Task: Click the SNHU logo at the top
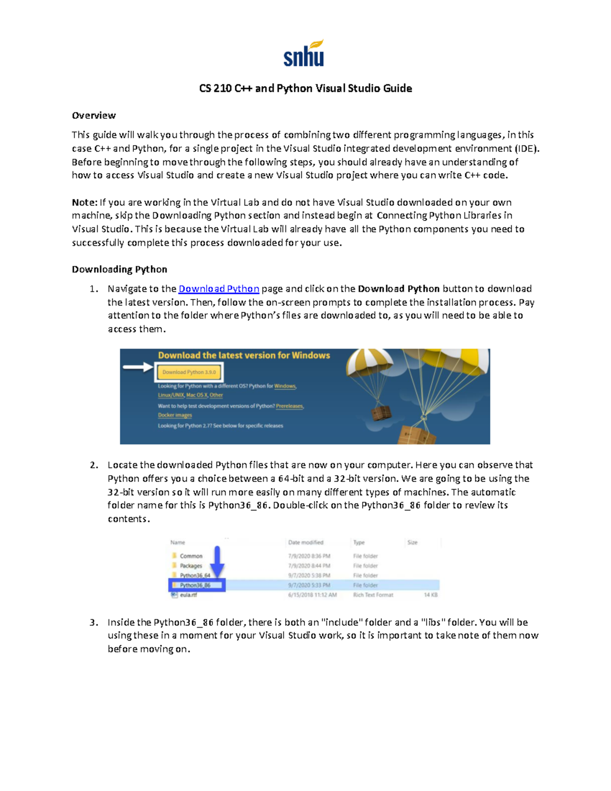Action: tap(304, 53)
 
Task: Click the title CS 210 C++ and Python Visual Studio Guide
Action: tap(305, 88)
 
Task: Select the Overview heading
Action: tap(94, 116)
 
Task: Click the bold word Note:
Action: tap(84, 202)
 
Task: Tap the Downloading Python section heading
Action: tap(119, 269)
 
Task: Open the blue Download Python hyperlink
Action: tap(218, 289)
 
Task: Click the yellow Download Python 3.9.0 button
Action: tap(189, 372)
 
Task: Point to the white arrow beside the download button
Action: tap(137, 367)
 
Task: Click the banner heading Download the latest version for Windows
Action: tap(244, 356)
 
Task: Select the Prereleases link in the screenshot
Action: tap(289, 406)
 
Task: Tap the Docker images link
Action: tap(175, 415)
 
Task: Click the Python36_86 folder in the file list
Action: tap(195, 585)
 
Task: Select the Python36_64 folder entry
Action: tap(195, 576)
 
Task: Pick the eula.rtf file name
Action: tap(188, 595)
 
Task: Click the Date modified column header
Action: tap(305, 542)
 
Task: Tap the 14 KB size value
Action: tap(430, 595)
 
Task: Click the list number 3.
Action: tap(93, 622)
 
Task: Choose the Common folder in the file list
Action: tap(191, 556)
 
